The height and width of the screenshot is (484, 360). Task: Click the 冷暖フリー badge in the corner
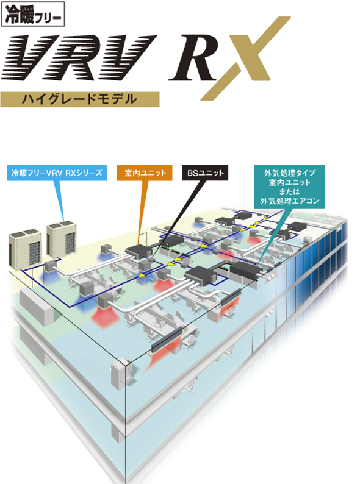click(x=33, y=14)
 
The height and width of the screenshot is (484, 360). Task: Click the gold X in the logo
click(x=245, y=59)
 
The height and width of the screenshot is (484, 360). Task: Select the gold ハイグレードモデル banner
click(x=80, y=99)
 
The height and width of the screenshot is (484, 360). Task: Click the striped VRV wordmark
click(x=78, y=58)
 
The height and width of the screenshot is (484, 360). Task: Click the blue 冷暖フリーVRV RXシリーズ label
click(x=57, y=173)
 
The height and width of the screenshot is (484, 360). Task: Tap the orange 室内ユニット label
click(x=145, y=173)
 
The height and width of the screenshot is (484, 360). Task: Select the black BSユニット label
click(x=205, y=173)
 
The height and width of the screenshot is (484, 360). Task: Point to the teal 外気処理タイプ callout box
click(x=290, y=187)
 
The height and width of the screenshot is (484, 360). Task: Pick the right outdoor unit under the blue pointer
click(x=62, y=238)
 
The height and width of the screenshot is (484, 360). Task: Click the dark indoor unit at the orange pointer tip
click(x=139, y=252)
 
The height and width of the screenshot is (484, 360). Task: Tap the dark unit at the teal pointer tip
click(x=247, y=270)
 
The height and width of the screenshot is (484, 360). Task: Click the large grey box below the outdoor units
click(x=36, y=306)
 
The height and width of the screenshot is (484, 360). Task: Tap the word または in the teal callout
click(x=290, y=191)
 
